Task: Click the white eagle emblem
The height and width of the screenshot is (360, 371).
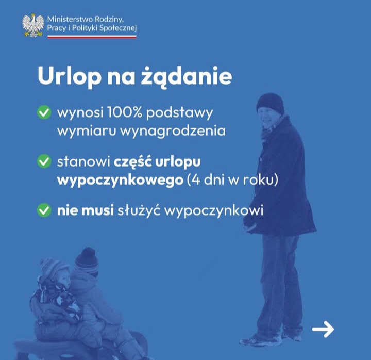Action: tap(33, 25)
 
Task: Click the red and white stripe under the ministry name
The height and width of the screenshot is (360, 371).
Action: tap(92, 37)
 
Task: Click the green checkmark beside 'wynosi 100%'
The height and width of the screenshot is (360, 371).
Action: tap(44, 112)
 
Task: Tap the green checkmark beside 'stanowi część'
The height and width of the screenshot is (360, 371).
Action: tap(44, 161)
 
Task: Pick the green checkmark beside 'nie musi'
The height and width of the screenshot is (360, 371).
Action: tap(44, 210)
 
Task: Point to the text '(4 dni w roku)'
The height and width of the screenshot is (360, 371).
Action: tap(232, 180)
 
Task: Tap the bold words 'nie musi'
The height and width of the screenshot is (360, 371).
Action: tap(86, 210)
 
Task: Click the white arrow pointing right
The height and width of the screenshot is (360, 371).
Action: tap(323, 329)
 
